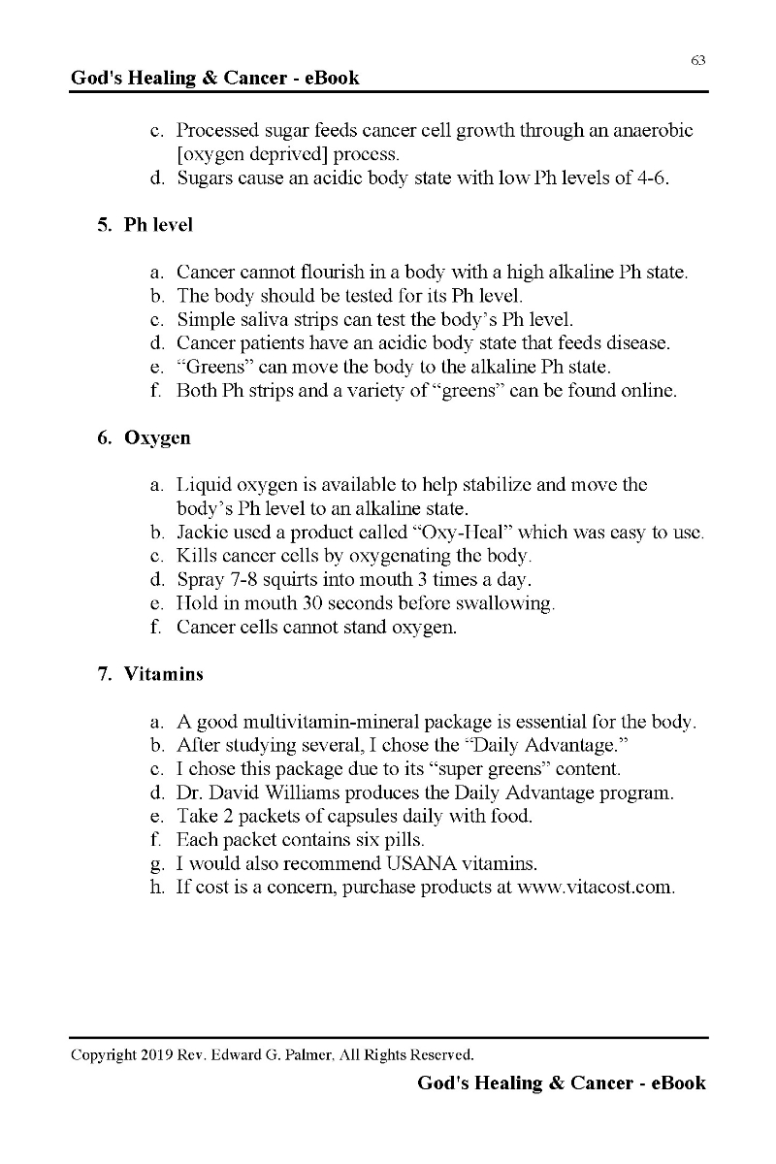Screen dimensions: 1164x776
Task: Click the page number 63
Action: [697, 60]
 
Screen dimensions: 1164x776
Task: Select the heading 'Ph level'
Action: [158, 225]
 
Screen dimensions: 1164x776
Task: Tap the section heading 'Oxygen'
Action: [157, 438]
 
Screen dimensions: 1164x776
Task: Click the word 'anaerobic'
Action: [651, 131]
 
